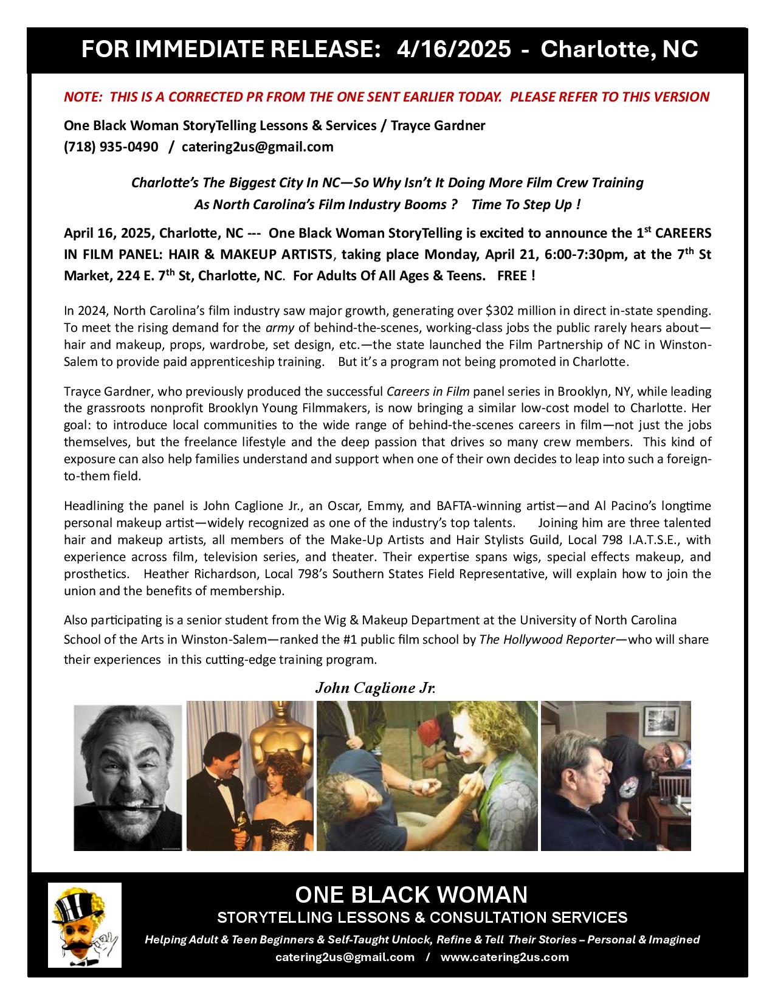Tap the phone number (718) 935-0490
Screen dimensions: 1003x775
coord(111,146)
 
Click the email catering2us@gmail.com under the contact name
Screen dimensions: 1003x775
coord(257,146)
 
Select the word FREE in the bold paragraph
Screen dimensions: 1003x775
coord(511,275)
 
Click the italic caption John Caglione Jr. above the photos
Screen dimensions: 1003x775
coord(376,688)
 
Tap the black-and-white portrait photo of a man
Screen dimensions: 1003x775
coord(128,777)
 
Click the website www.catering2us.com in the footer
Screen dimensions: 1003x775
coord(505,957)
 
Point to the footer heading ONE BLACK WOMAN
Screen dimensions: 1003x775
coord(412,894)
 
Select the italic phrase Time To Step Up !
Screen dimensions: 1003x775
coord(526,204)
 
